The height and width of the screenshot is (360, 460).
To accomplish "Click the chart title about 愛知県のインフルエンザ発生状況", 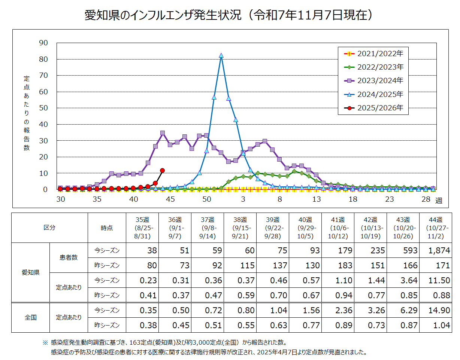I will pos(230,15).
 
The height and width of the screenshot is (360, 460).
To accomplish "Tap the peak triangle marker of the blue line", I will pos(221,55).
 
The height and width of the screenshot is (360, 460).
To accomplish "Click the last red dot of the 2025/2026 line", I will pos(162,170).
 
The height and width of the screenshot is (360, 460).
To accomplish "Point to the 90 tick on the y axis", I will pos(43,43).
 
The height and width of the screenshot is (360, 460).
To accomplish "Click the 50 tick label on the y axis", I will pos(43,108).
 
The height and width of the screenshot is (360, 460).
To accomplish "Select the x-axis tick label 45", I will pos(170,199).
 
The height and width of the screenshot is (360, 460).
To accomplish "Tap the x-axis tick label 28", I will pos(426,199).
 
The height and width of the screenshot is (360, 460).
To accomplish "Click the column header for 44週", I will pos(436,228).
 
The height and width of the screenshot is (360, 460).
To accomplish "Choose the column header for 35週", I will pos(142,228).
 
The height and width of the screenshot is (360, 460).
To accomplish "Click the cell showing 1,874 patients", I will pos(436,250).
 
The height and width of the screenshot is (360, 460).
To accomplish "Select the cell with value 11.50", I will pos(436,280).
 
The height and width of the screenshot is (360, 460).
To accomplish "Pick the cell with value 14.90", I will pos(436,310).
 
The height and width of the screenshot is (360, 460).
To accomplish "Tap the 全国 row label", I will pos(31,318).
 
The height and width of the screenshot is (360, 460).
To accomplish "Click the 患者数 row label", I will pos(69,258).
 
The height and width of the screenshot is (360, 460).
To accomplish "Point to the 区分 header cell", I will pos(49,228).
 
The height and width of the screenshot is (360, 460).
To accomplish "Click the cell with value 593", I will pos(403,250).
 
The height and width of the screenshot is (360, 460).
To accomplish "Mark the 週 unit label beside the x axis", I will pos(439,201).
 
